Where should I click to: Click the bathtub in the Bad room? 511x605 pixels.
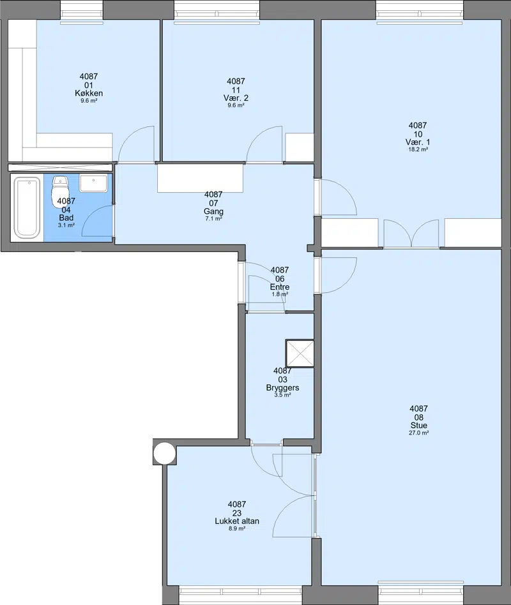tap(27, 207)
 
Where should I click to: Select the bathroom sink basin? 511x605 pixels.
tap(93, 183)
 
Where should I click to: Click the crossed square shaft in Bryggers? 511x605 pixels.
tap(300, 354)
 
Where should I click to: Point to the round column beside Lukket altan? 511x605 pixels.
tap(165, 453)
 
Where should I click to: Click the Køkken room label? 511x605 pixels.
tap(89, 93)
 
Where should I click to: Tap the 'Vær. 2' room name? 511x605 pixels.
tap(236, 98)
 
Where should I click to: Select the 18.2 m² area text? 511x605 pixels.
tap(418, 149)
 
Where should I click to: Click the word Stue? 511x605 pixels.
tap(418, 425)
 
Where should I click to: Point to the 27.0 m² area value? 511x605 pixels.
tap(418, 433)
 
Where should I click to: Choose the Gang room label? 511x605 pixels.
tap(213, 211)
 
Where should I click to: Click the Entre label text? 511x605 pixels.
tap(280, 287)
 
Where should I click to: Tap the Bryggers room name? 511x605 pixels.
tap(282, 388)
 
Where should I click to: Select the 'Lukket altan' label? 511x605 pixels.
tap(237, 521)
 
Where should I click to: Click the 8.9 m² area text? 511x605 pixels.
tap(237, 528)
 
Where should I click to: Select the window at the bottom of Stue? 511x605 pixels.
tap(420, 592)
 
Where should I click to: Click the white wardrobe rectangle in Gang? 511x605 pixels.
tap(200, 178)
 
